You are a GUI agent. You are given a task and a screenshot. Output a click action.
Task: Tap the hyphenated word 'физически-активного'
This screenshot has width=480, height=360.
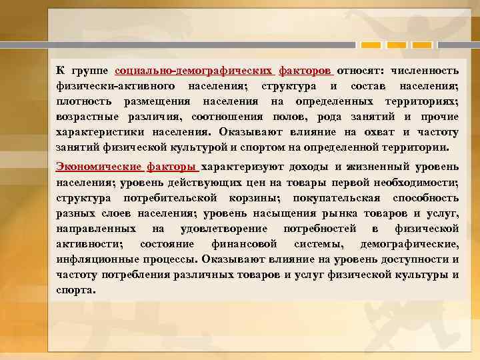point(115,86)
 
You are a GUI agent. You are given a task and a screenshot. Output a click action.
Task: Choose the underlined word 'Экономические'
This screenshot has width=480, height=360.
point(99,167)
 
